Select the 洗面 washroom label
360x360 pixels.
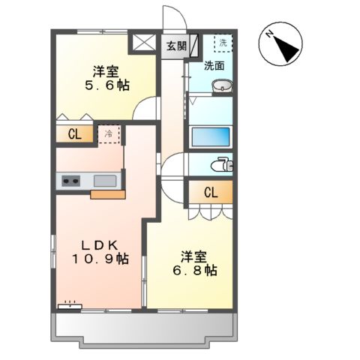(x=214, y=65)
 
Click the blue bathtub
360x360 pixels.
(x=210, y=138)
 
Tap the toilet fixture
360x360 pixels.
(x=222, y=165)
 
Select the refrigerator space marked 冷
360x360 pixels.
(x=109, y=134)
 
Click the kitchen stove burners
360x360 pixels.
(x=71, y=180)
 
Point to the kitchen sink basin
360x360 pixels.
(x=105, y=181)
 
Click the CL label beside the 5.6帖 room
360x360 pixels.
(x=74, y=135)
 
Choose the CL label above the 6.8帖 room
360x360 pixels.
(x=209, y=193)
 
